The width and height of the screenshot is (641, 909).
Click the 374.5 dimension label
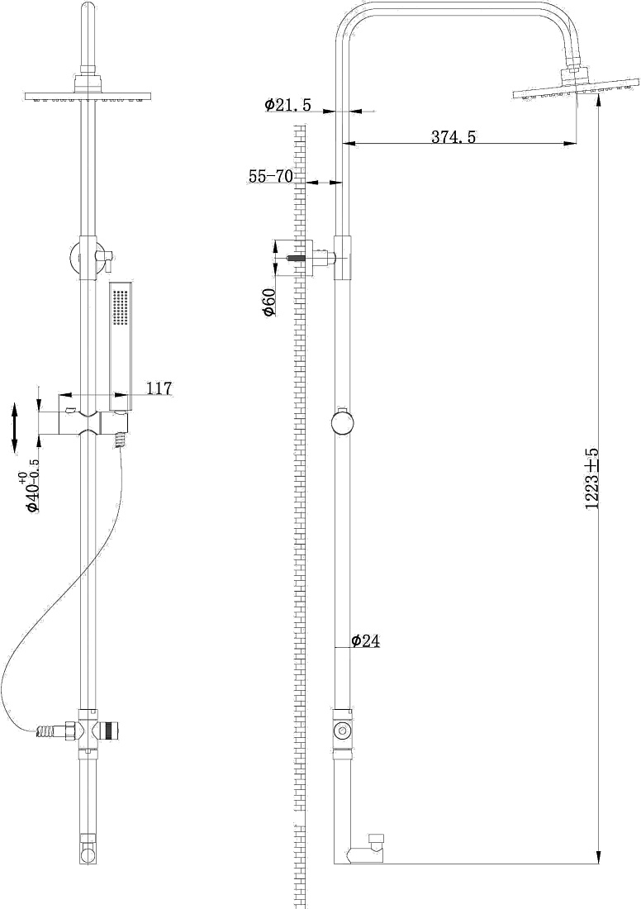pyautogui.click(x=453, y=137)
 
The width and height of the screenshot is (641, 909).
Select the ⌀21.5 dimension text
pyautogui.click(x=287, y=105)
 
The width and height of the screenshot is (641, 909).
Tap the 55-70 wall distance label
pyautogui.click(x=271, y=176)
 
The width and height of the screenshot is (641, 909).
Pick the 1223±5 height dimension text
pyautogui.click(x=591, y=478)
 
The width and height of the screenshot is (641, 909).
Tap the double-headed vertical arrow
pyautogui.click(x=16, y=429)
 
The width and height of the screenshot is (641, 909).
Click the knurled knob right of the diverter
pyautogui.click(x=109, y=730)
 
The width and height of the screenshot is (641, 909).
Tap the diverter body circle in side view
pyautogui.click(x=343, y=730)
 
